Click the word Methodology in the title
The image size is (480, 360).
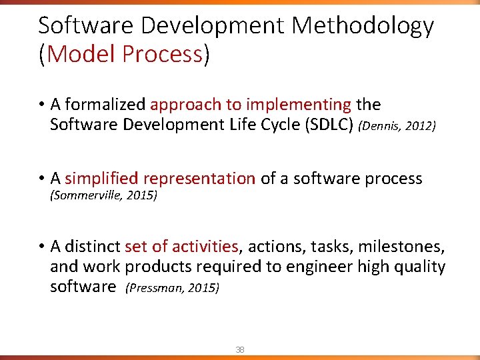point(363,27)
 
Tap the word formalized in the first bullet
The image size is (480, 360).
point(105,105)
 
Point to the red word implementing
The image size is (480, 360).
point(298,105)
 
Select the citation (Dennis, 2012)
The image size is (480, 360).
point(397,126)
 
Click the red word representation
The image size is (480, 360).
point(199,178)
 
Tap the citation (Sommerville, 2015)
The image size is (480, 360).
point(103,196)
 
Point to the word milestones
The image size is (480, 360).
point(401,247)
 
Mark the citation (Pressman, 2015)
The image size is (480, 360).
point(172,288)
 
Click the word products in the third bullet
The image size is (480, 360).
point(157,267)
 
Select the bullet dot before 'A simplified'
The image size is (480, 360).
point(41,179)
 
